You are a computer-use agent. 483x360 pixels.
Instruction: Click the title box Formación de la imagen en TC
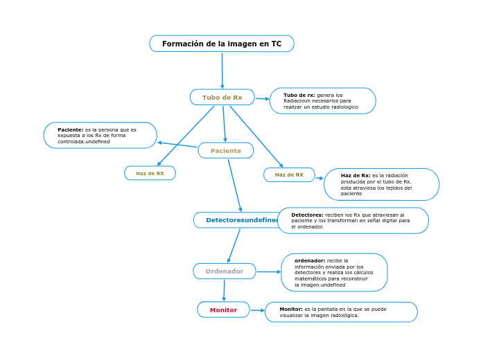(222, 44)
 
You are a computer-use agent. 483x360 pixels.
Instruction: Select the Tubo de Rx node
(222, 98)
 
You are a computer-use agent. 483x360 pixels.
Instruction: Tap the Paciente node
(226, 150)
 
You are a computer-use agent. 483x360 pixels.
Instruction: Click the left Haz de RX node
(150, 173)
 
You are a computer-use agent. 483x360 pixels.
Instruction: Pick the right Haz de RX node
(289, 174)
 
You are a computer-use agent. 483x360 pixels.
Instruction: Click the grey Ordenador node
(225, 271)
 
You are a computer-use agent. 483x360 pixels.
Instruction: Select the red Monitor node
(223, 310)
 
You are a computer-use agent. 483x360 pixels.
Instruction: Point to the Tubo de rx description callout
(323, 101)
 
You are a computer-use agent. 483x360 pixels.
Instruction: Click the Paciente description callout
(100, 135)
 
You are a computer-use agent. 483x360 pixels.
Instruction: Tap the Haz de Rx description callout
(381, 184)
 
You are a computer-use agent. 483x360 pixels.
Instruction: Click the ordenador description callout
(334, 272)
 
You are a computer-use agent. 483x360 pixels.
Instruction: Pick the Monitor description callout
(341, 312)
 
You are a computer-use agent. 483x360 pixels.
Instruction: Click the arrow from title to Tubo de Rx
(222, 71)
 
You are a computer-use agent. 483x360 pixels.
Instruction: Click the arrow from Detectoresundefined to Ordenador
(234, 246)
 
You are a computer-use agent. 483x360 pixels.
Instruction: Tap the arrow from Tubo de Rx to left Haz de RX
(186, 136)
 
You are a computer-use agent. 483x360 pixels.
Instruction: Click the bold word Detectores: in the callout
(307, 215)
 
